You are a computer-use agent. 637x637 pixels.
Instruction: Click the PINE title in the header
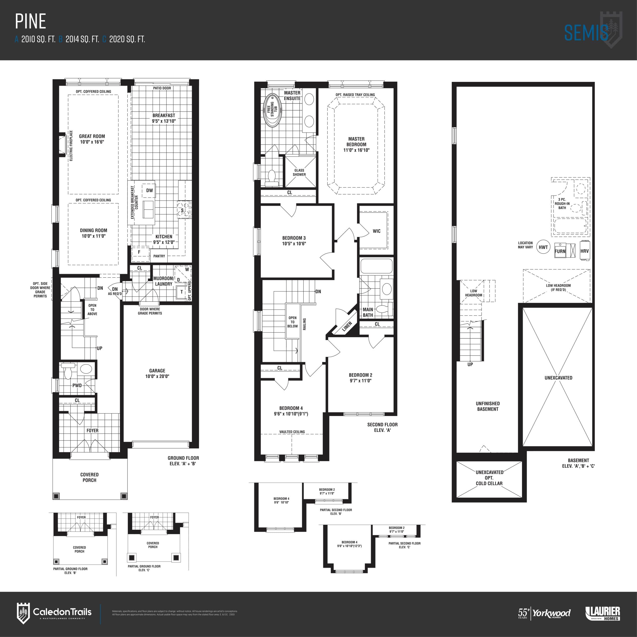coord(30,22)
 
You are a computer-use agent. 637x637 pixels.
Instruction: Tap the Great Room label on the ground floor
coord(92,139)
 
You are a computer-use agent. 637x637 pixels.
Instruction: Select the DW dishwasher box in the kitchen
coord(149,190)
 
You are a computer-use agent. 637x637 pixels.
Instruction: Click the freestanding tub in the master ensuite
coord(272,110)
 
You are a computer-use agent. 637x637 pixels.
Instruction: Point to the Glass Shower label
coord(299,172)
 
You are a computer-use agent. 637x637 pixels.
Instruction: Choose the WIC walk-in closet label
coord(376,231)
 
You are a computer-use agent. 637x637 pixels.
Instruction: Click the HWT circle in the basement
coord(543,247)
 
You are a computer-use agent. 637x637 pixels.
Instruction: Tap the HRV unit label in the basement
coord(584,251)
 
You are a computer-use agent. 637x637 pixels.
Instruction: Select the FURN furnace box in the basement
coord(560,251)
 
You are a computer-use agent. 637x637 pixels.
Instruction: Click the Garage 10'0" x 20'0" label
coord(157,373)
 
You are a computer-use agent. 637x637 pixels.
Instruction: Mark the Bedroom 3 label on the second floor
coord(294,241)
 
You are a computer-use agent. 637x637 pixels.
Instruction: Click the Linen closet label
coord(347,326)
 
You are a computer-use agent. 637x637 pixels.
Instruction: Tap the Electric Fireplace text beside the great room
coord(71,146)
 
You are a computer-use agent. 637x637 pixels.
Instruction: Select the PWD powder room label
coord(77,385)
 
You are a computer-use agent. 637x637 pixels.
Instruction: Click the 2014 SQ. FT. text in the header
coord(82,39)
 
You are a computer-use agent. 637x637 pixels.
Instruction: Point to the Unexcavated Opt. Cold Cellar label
coord(489,478)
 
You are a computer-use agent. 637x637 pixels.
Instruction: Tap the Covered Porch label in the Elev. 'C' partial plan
coord(153,545)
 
